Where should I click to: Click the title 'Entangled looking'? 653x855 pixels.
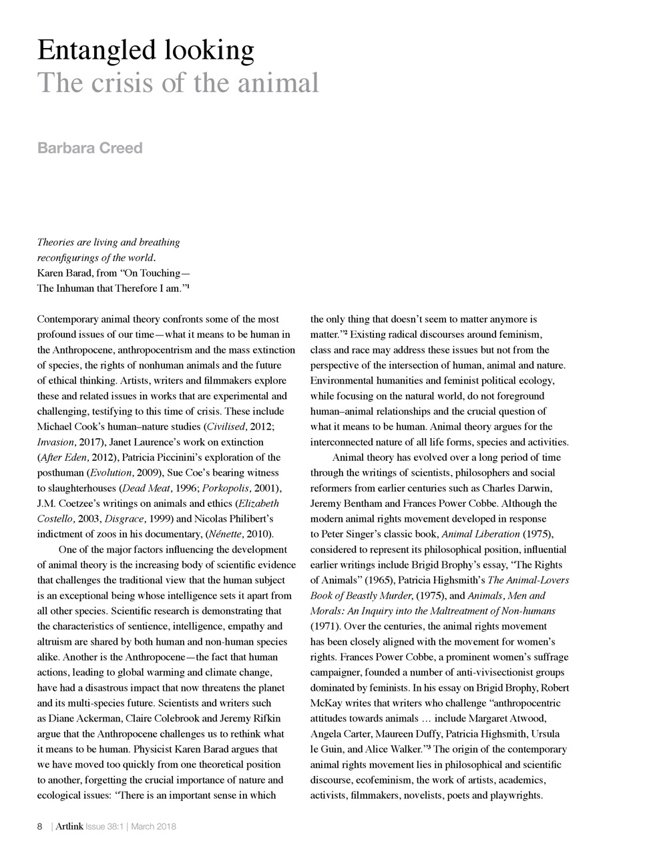tap(146, 50)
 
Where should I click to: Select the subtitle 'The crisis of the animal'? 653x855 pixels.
tap(178, 83)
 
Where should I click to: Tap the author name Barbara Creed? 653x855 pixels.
tap(89, 148)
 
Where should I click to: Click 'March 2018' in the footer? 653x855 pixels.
tap(154, 827)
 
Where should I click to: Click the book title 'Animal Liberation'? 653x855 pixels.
tap(481, 534)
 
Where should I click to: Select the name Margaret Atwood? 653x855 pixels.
tap(509, 719)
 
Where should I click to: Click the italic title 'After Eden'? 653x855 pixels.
tap(59, 458)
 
